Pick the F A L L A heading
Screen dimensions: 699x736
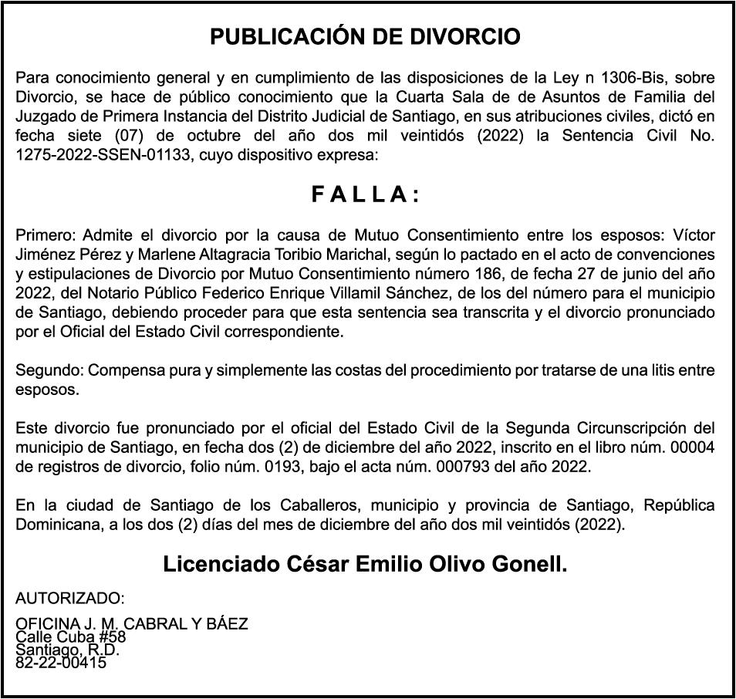366,195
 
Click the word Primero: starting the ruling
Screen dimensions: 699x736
46,235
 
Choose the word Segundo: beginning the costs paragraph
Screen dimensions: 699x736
49,370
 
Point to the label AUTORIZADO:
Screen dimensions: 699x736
69,599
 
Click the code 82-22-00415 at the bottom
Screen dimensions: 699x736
61,661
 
